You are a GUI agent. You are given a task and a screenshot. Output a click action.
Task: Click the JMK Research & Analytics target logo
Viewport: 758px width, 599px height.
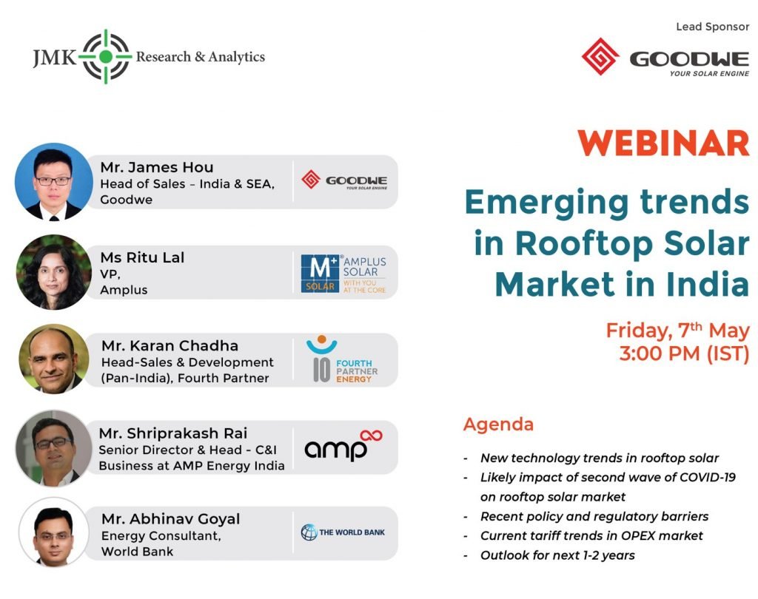(106, 56)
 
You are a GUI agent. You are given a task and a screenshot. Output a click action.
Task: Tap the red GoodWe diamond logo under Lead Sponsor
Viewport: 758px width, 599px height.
(600, 56)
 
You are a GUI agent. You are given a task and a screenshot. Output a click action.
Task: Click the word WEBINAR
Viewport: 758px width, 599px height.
(664, 143)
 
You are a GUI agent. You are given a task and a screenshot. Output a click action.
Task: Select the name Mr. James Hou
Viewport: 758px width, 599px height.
(157, 167)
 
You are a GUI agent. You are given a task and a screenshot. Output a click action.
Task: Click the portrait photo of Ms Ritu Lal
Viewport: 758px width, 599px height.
(53, 272)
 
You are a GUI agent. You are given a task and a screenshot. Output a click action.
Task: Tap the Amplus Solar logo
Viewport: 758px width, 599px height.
(343, 274)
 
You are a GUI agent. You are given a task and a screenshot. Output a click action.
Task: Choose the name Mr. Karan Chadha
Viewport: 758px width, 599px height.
(170, 346)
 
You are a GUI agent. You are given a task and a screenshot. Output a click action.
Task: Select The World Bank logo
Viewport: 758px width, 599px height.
(343, 532)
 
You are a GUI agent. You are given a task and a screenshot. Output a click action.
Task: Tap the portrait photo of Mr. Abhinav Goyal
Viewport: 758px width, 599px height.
(53, 532)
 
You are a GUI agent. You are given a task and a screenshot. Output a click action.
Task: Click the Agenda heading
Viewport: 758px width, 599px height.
(498, 424)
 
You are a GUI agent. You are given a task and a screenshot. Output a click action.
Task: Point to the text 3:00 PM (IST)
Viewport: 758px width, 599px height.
(684, 353)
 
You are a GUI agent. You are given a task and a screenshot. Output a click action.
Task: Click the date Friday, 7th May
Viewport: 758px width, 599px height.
(678, 331)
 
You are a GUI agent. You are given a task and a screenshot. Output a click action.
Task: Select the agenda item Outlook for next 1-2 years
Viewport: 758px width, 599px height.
(557, 555)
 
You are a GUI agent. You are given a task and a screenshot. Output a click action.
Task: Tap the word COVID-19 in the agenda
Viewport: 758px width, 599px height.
(708, 477)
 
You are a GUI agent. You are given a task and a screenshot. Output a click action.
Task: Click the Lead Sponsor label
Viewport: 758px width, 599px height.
(713, 27)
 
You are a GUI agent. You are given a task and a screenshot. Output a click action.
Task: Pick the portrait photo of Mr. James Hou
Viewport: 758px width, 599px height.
(53, 182)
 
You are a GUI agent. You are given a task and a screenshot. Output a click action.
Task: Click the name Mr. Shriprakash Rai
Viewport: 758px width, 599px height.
(173, 433)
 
